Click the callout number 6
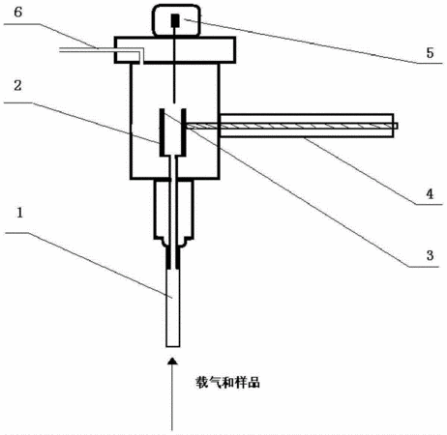pyautogui.click(x=18, y=13)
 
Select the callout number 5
pyautogui.click(x=430, y=53)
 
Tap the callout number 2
pyautogui.click(x=17, y=85)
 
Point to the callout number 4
pyautogui.click(x=430, y=194)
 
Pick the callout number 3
pyautogui.click(x=430, y=255)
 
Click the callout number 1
pyautogui.click(x=20, y=213)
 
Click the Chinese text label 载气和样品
pyautogui.click(x=227, y=383)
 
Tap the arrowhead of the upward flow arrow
pyautogui.click(x=173, y=361)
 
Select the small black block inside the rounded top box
pyautogui.click(x=175, y=20)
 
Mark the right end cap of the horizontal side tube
pyautogui.click(x=393, y=126)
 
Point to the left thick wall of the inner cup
pyautogui.click(x=163, y=132)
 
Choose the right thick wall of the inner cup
pyautogui.click(x=184, y=132)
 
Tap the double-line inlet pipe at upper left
pyautogui.click(x=100, y=50)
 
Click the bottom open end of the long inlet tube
pyautogui.click(x=173, y=346)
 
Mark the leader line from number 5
pyautogui.click(x=313, y=42)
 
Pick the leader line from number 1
pyautogui.click(x=89, y=265)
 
